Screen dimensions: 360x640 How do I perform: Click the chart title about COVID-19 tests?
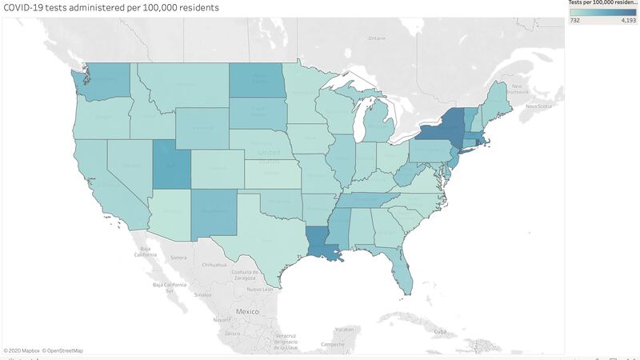tap(111, 7)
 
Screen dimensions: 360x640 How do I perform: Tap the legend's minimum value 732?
tap(574, 21)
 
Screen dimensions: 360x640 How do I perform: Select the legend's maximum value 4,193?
tap(627, 21)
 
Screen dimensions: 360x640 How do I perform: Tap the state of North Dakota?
tap(258, 80)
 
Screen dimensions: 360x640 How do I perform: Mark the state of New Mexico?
tap(214, 211)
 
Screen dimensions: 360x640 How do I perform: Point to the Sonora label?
tap(178, 257)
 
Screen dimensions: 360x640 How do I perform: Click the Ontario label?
tap(376, 38)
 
